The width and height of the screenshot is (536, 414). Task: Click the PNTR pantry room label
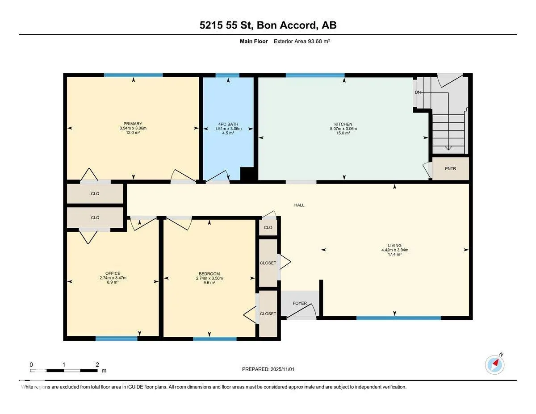click(x=450, y=169)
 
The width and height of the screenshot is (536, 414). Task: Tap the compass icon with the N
click(x=494, y=365)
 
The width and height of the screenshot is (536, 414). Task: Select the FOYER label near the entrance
click(x=300, y=303)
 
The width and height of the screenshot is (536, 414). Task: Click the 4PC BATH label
click(x=228, y=124)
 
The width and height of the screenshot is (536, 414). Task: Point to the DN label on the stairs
click(x=418, y=92)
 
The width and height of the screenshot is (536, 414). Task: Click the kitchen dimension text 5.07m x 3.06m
click(x=343, y=129)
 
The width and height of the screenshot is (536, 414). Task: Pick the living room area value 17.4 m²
click(x=395, y=254)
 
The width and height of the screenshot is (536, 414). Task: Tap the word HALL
click(x=299, y=205)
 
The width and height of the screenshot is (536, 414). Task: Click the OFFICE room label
click(x=113, y=273)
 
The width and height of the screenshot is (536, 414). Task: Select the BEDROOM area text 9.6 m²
click(x=209, y=283)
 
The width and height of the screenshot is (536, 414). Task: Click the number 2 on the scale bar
click(x=97, y=364)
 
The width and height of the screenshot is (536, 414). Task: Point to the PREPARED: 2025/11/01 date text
click(x=268, y=369)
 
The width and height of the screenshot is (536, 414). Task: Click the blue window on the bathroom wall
click(x=227, y=75)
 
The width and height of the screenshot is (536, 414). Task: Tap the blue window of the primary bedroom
click(x=133, y=75)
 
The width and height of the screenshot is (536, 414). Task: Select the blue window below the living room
click(x=398, y=318)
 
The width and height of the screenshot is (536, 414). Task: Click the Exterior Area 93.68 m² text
click(x=302, y=42)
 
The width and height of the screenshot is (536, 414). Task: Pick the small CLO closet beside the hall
click(x=268, y=227)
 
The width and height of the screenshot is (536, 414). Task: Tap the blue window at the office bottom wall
click(x=117, y=339)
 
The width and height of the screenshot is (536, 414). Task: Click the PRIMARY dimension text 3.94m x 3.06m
click(x=133, y=128)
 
